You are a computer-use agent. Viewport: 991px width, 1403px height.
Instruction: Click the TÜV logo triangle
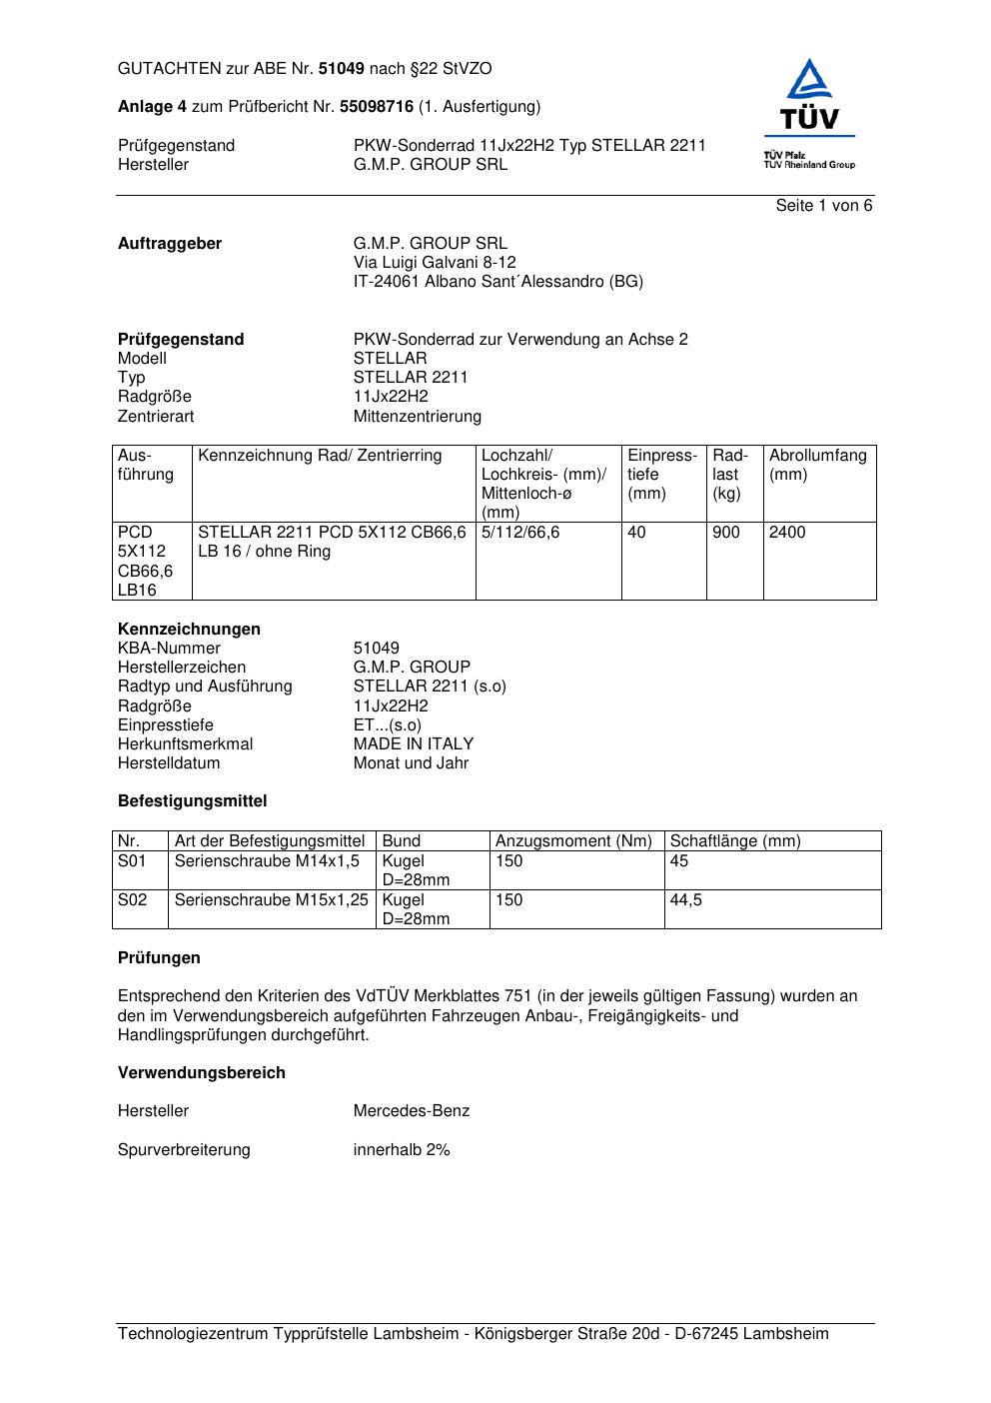click(809, 83)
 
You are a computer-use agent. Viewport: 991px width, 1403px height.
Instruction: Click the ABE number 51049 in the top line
click(342, 69)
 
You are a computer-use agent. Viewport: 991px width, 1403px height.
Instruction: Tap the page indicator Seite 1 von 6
click(823, 206)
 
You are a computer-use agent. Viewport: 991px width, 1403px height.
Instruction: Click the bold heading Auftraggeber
click(170, 244)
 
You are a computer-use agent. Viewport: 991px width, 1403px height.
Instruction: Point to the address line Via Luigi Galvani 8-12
click(435, 263)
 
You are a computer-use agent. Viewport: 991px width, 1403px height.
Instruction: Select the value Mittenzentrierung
click(417, 417)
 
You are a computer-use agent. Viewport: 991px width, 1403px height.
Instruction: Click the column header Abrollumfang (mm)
click(817, 465)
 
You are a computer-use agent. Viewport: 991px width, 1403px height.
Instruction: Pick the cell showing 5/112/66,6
click(520, 533)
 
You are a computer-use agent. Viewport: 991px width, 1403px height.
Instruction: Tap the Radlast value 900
click(726, 533)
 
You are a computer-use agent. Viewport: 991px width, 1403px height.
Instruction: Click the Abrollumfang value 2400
click(787, 533)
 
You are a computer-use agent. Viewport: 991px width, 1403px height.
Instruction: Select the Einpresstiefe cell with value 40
click(636, 533)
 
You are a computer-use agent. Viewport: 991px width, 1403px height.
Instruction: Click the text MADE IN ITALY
click(414, 744)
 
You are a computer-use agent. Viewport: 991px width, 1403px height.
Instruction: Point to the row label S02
click(132, 900)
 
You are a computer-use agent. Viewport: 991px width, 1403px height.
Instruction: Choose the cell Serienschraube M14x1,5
click(267, 861)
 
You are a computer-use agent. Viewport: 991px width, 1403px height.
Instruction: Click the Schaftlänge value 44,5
click(686, 900)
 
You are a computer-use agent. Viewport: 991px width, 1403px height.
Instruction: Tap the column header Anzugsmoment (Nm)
click(573, 841)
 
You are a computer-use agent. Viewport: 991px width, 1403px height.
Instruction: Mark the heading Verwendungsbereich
click(202, 1073)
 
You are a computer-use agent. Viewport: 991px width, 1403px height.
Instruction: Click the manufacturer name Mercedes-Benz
click(412, 1111)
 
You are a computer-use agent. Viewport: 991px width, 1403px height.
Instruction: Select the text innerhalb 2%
click(402, 1150)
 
